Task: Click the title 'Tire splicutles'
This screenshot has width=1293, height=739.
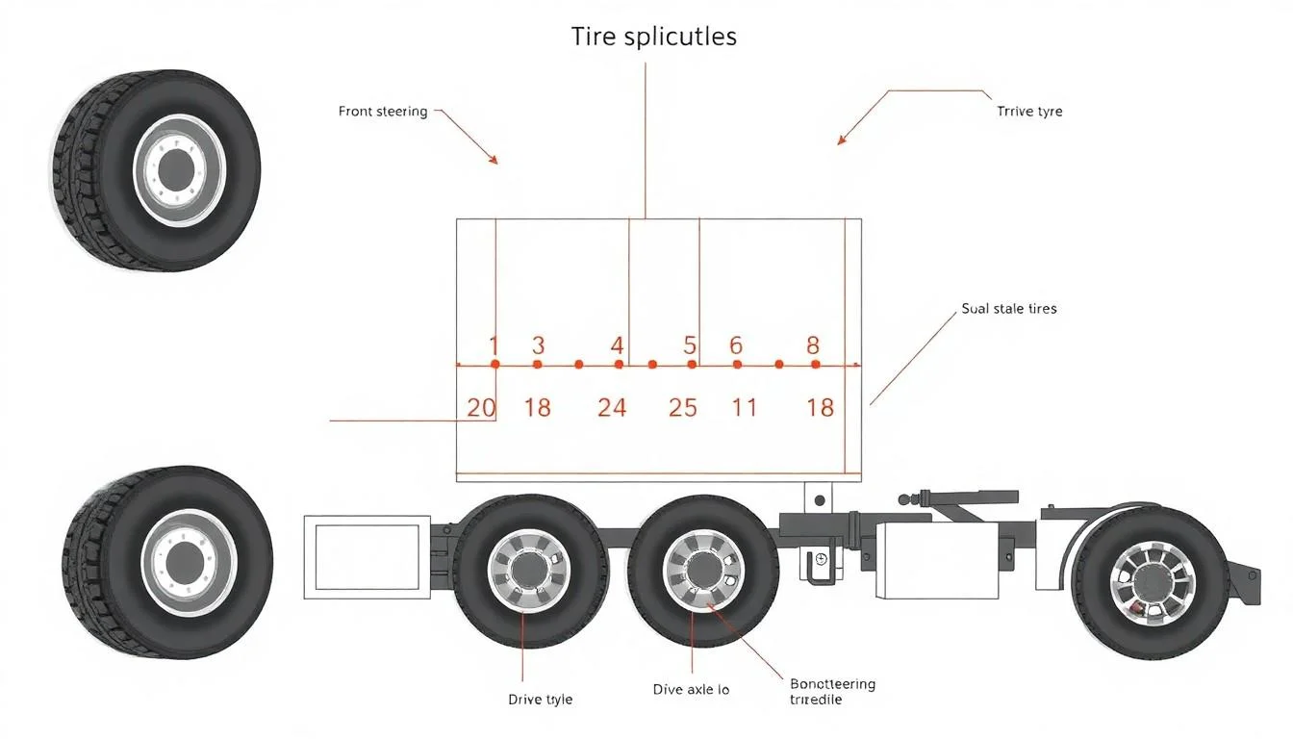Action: click(653, 37)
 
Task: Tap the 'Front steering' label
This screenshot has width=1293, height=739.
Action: click(383, 112)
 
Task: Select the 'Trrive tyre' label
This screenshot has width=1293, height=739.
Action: click(1029, 112)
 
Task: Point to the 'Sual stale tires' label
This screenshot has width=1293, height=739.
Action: click(1008, 309)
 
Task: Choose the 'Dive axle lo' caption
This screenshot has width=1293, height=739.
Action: click(690, 690)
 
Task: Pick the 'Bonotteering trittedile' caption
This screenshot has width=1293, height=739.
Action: click(832, 691)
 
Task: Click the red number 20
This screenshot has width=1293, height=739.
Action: click(481, 408)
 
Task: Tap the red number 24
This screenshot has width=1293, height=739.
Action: click(612, 408)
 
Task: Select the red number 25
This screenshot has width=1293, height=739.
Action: click(682, 408)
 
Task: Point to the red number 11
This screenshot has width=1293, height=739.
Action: click(744, 408)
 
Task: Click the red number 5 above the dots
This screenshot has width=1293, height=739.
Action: click(690, 344)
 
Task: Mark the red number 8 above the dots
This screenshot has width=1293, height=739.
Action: click(813, 344)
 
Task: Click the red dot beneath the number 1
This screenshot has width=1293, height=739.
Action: click(494, 365)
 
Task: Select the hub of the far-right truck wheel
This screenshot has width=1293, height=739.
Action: click(1150, 583)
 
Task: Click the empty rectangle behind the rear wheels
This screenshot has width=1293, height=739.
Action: click(368, 557)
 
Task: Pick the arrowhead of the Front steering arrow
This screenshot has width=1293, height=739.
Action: click(494, 161)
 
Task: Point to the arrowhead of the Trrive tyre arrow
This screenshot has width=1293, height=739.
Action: click(841, 141)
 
